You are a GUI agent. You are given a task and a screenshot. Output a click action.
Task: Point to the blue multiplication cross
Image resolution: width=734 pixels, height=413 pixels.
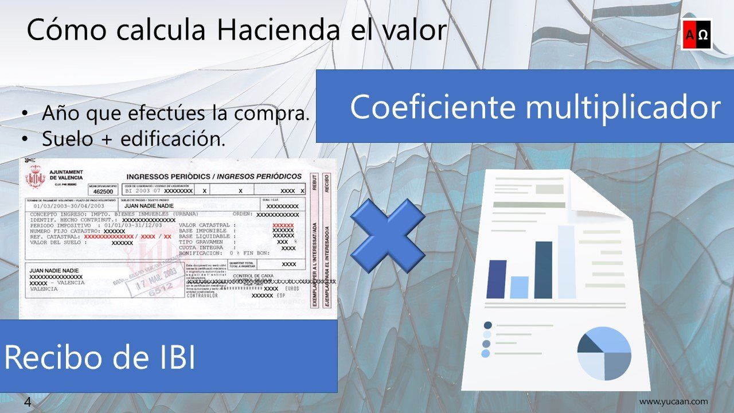(x=388, y=235)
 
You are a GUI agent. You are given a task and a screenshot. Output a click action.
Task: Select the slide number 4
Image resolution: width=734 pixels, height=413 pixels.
(x=28, y=402)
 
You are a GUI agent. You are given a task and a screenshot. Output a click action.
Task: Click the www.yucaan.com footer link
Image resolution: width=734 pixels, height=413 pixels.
(x=673, y=402)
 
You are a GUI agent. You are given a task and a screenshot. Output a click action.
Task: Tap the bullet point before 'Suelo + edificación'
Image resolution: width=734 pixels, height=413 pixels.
(x=24, y=139)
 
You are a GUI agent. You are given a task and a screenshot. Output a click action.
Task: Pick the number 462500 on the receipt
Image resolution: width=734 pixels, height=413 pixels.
(x=103, y=191)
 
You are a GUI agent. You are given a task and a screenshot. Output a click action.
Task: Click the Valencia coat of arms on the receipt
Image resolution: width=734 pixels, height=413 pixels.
(x=36, y=178)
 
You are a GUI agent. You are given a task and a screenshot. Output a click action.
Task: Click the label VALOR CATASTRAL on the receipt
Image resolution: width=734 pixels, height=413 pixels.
(x=204, y=225)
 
